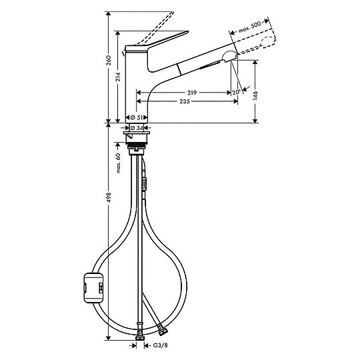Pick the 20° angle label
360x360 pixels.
pyautogui.click(x=236, y=92)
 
